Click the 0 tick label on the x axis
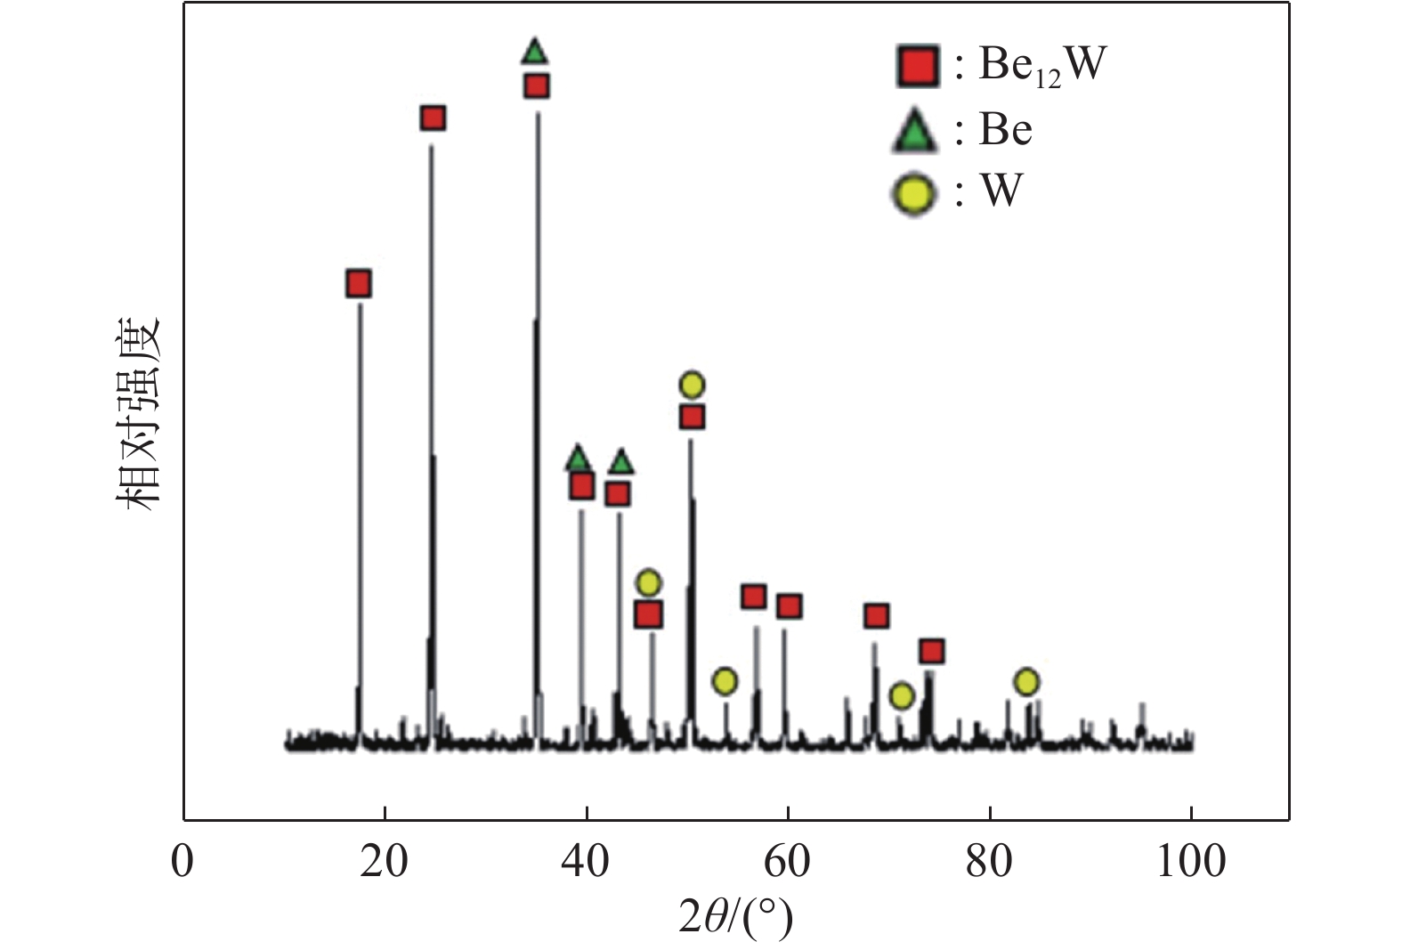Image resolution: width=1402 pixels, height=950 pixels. tap(182, 862)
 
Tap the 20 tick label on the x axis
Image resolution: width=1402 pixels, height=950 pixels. tap(385, 862)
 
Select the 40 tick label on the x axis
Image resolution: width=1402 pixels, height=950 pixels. tap(587, 862)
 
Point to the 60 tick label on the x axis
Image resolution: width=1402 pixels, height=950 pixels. tap(788, 862)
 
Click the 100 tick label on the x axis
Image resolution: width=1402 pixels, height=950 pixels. tap(1190, 862)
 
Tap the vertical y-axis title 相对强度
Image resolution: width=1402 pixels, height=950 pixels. tap(137, 413)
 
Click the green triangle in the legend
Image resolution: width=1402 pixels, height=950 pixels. tap(915, 132)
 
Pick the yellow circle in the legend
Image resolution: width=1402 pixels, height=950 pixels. tap(914, 192)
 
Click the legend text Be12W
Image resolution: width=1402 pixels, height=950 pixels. tap(1041, 64)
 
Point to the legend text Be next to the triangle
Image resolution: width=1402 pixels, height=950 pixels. tap(1006, 130)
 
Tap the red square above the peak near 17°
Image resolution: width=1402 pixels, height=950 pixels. tap(358, 284)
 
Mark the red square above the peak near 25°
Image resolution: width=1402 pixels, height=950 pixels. tap(433, 118)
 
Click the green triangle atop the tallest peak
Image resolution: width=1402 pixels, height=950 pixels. tap(534, 53)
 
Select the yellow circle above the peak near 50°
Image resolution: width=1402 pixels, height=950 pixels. tap(692, 385)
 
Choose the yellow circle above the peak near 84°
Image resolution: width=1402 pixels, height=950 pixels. tap(1026, 682)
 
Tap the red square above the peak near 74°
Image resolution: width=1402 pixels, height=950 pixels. tap(931, 652)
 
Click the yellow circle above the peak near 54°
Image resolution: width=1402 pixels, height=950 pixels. tap(725, 682)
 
